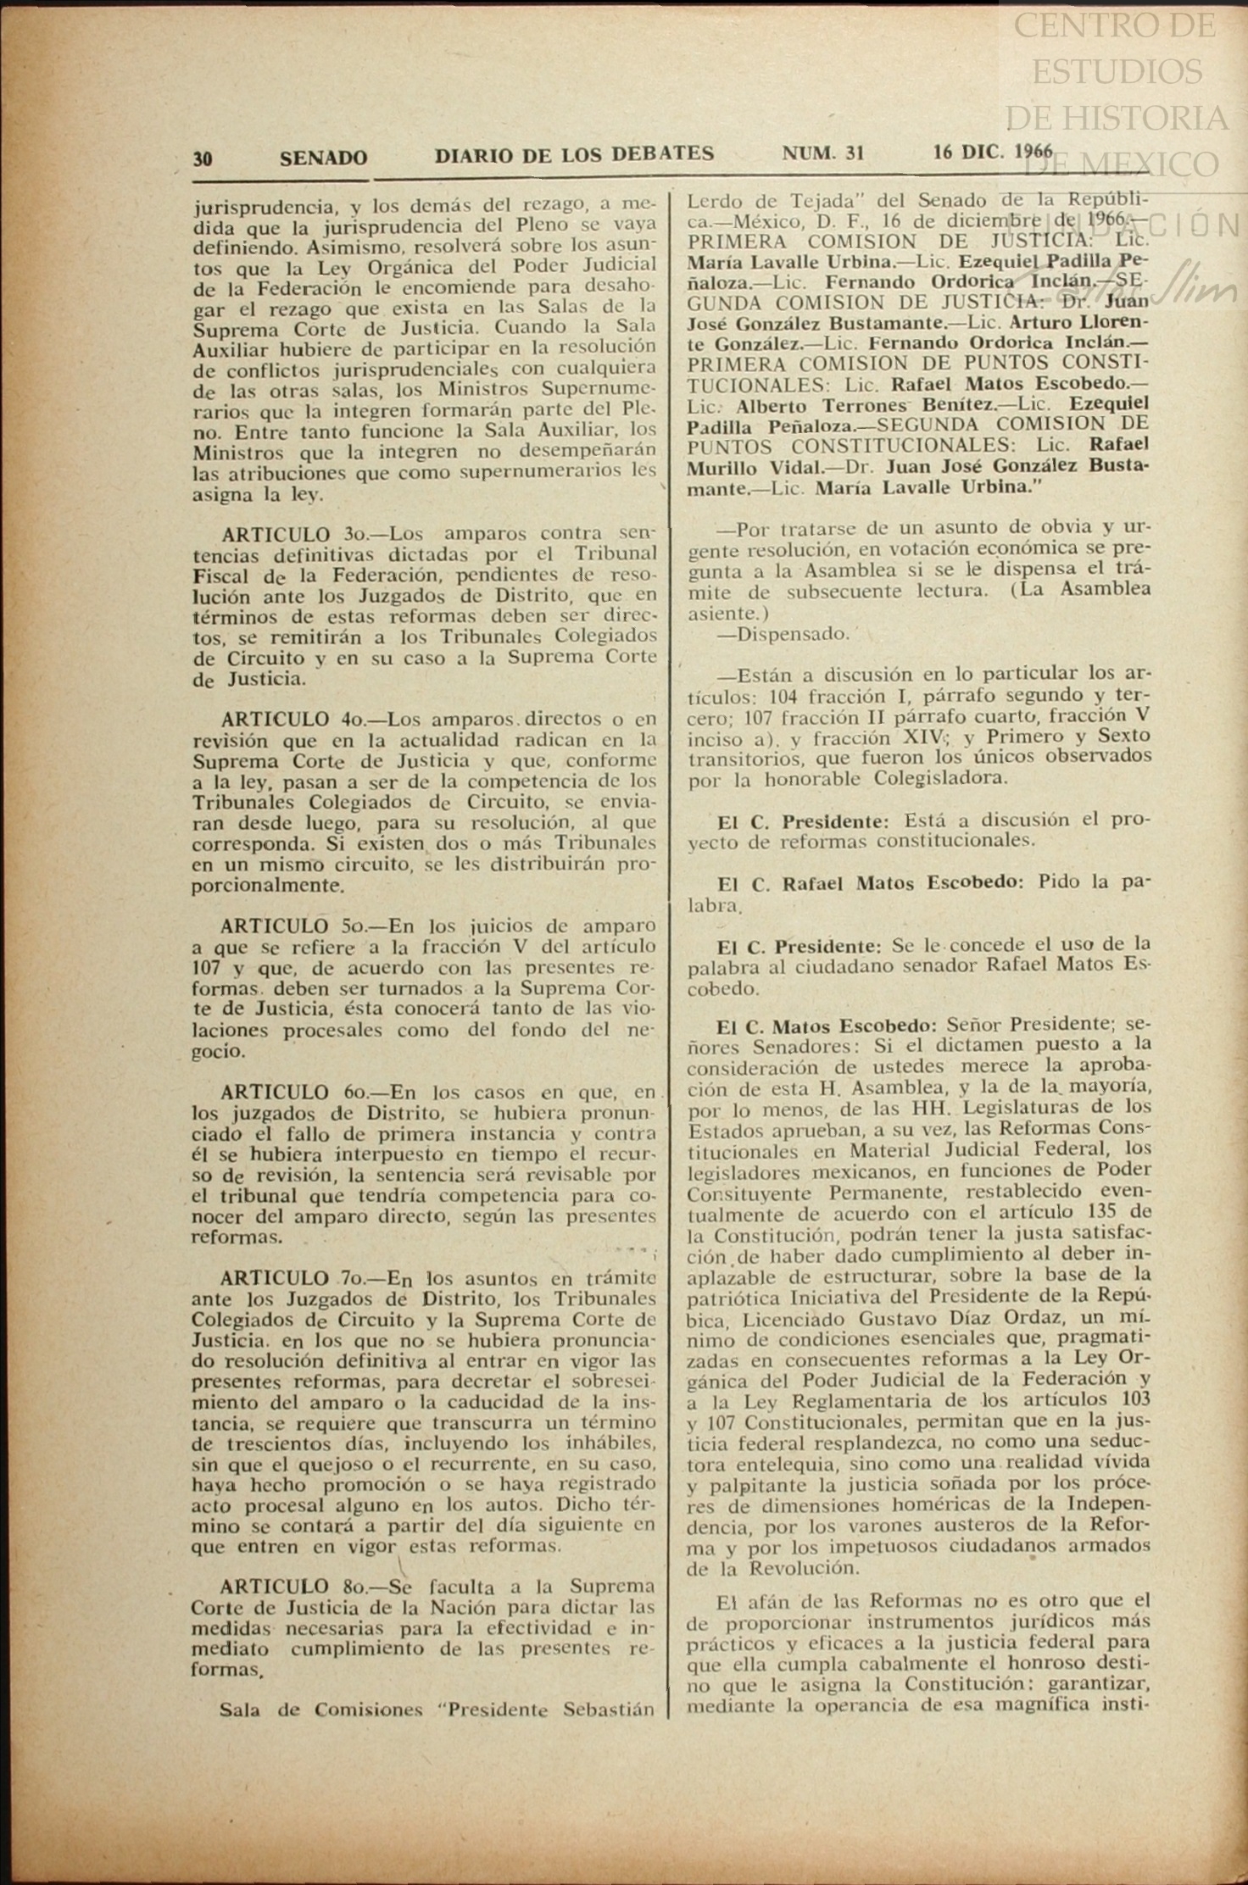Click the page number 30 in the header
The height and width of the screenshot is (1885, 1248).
(x=202, y=158)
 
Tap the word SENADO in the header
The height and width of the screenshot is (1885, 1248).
(x=323, y=158)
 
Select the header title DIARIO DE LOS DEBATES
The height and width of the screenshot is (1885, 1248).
(x=574, y=154)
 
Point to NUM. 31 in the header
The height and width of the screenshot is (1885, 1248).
(x=822, y=153)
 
